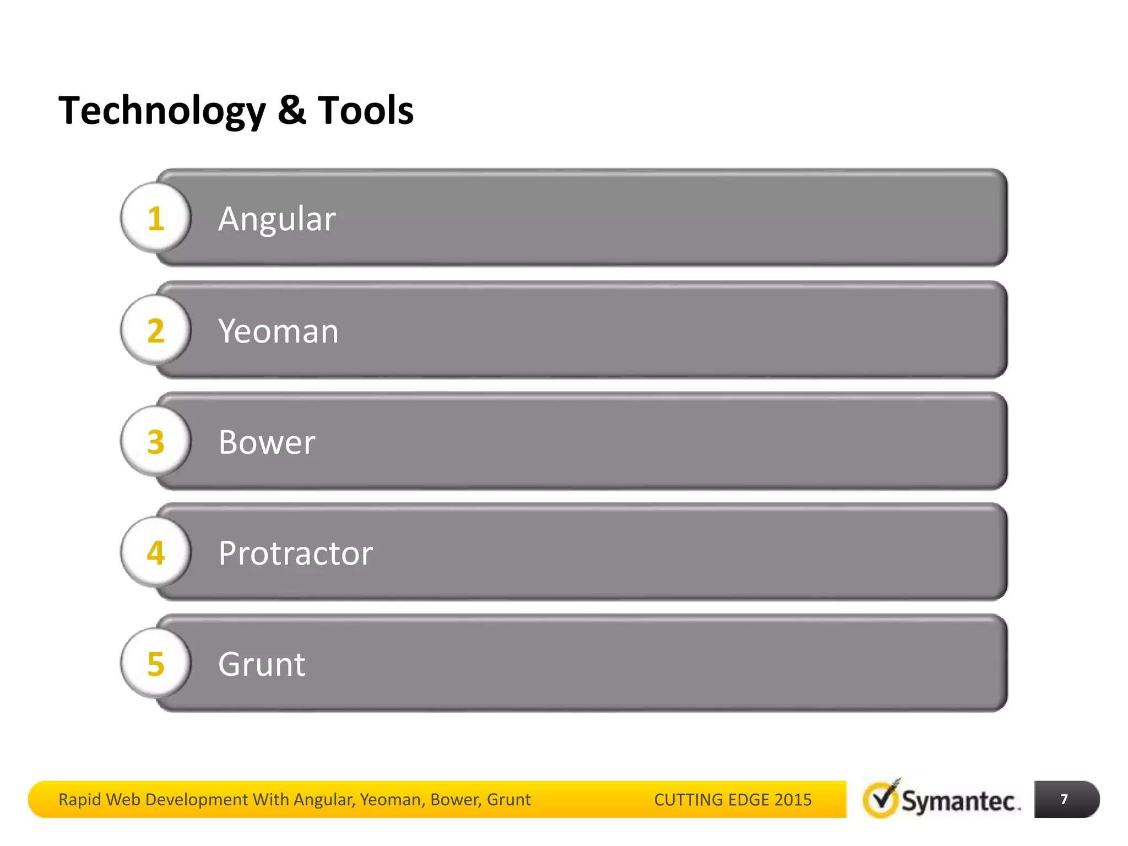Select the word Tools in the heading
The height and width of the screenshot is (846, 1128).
pos(365,110)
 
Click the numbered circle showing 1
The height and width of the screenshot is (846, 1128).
pos(156,218)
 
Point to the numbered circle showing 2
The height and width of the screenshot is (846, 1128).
pos(156,330)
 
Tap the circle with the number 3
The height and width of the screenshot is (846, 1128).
pos(156,442)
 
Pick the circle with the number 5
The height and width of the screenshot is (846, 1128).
pos(156,664)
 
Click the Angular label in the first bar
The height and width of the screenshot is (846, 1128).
pos(276,219)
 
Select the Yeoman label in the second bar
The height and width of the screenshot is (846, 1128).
pos(278,331)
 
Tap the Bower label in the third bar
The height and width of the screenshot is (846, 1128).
pos(267,442)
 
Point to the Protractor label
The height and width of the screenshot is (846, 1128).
pos(295,553)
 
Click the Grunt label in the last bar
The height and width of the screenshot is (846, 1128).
pos(262,664)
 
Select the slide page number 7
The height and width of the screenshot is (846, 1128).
pos(1064,799)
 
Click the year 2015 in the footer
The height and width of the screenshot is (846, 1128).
pos(793,800)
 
